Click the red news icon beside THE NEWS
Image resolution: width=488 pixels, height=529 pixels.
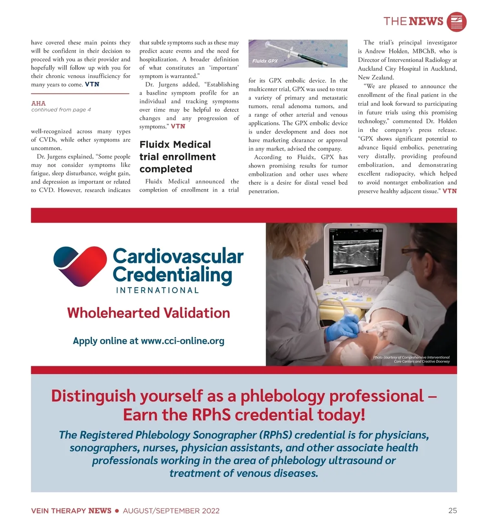click(x=456, y=22)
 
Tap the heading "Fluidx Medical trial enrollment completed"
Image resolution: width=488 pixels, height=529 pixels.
click(x=177, y=157)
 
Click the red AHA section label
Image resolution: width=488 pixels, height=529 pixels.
click(x=38, y=103)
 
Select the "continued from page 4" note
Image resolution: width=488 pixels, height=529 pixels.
click(x=61, y=110)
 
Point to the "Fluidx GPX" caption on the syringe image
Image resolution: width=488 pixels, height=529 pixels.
click(x=265, y=61)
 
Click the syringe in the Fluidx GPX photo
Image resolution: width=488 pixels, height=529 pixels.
click(x=297, y=52)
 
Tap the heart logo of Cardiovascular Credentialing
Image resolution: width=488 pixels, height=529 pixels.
click(x=80, y=266)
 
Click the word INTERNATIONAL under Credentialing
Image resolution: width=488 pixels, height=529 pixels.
click(x=157, y=290)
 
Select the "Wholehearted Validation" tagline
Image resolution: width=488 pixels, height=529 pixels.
click(x=148, y=313)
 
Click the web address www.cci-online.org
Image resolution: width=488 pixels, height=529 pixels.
click(x=183, y=341)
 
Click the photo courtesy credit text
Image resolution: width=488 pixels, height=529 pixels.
click(x=411, y=359)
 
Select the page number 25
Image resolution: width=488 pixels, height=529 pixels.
click(x=452, y=510)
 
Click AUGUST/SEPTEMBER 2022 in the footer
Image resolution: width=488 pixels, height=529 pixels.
click(x=171, y=511)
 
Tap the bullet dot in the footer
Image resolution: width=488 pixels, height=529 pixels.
click(x=117, y=511)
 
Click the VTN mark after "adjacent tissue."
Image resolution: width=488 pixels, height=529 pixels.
click(x=449, y=191)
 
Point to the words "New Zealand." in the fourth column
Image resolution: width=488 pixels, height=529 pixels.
click(x=375, y=77)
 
